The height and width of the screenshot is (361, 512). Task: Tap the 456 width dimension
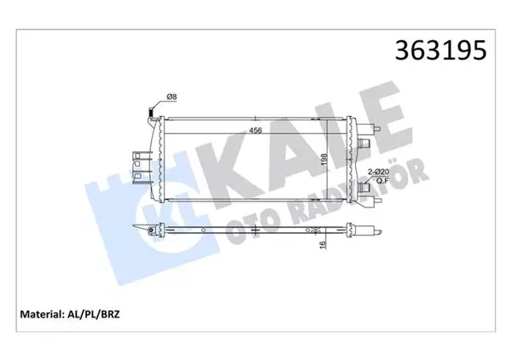pyautogui.click(x=254, y=131)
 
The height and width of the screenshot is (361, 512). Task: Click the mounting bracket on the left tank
pyautogui.click(x=134, y=161)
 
